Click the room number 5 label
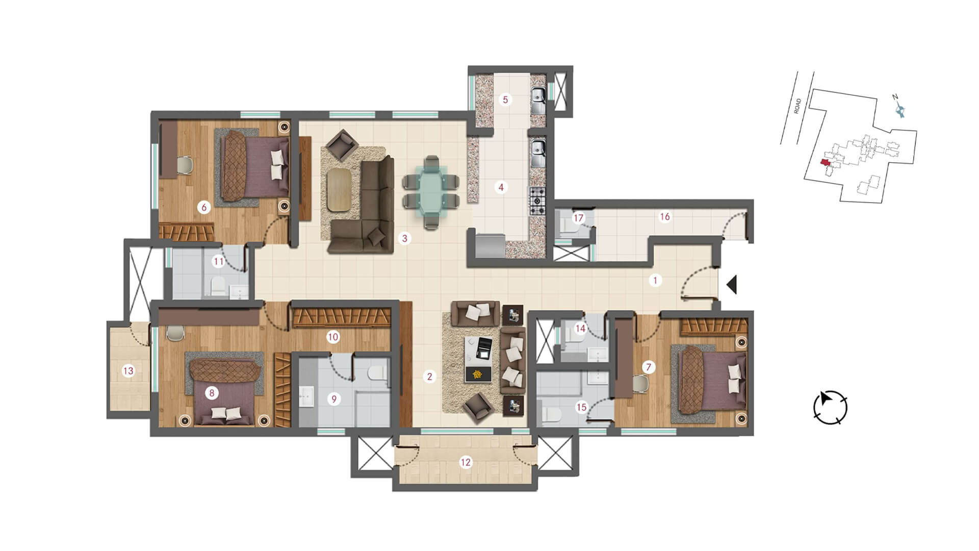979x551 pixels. (505, 99)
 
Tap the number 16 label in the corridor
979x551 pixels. (665, 217)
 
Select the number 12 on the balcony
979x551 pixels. (466, 463)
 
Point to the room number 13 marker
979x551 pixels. (128, 371)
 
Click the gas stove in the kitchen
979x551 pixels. (537, 201)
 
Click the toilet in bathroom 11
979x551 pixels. (218, 287)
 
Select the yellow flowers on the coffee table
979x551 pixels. (478, 374)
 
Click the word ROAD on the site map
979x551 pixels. (798, 106)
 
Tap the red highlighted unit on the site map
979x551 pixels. (824, 163)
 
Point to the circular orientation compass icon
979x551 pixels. (830, 407)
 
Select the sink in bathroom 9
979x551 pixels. (307, 396)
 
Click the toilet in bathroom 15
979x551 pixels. (550, 415)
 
